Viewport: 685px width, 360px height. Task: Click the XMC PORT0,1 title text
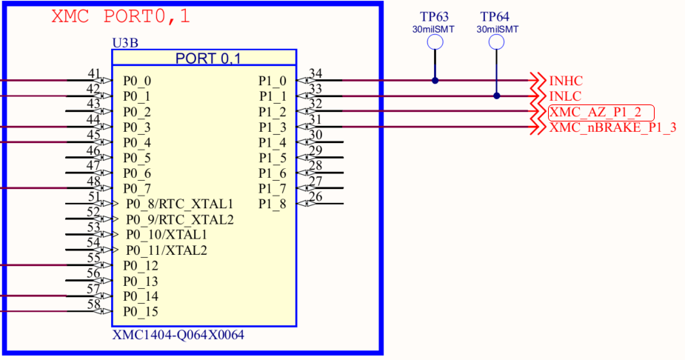tap(121, 16)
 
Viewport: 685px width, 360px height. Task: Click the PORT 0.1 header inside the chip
tap(208, 59)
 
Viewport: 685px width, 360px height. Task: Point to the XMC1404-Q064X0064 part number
tap(178, 335)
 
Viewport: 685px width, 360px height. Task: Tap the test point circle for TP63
tap(435, 44)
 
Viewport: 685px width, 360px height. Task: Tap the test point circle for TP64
tap(497, 44)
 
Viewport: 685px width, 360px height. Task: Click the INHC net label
tap(565, 81)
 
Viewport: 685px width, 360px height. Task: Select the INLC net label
tap(565, 96)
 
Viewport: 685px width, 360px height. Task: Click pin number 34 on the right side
tap(315, 73)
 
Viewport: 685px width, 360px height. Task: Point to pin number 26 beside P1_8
tap(315, 197)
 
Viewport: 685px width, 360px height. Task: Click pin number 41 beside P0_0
tap(94, 73)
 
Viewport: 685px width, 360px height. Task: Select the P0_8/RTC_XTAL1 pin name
tap(178, 204)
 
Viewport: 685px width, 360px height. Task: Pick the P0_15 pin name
tap(141, 312)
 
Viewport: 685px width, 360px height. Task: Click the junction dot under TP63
tap(435, 80)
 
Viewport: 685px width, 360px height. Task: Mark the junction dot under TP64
tap(497, 96)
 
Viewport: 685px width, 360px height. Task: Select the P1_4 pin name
tap(272, 142)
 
